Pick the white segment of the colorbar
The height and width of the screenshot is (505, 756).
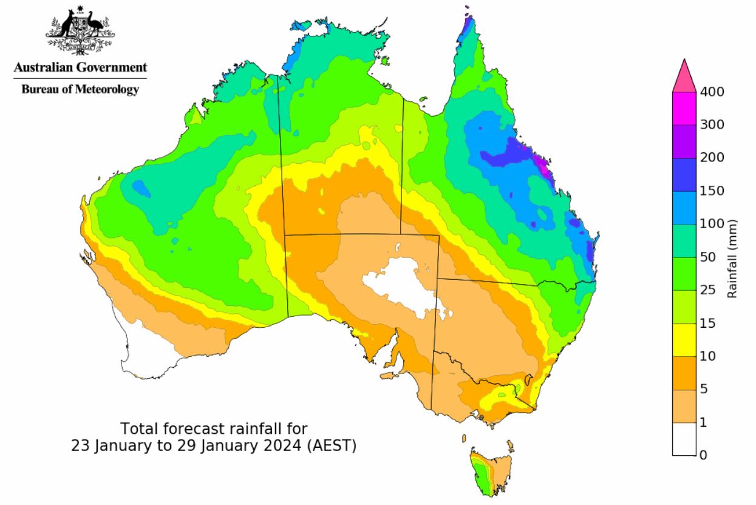[x=684, y=438]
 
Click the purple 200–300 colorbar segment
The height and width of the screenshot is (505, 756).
[x=684, y=141]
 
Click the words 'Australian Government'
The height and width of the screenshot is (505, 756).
[x=80, y=67]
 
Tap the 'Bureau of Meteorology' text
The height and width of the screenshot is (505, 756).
[x=80, y=90]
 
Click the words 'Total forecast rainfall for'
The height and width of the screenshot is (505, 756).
[x=218, y=428]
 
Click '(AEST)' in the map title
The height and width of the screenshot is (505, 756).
[x=332, y=445]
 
